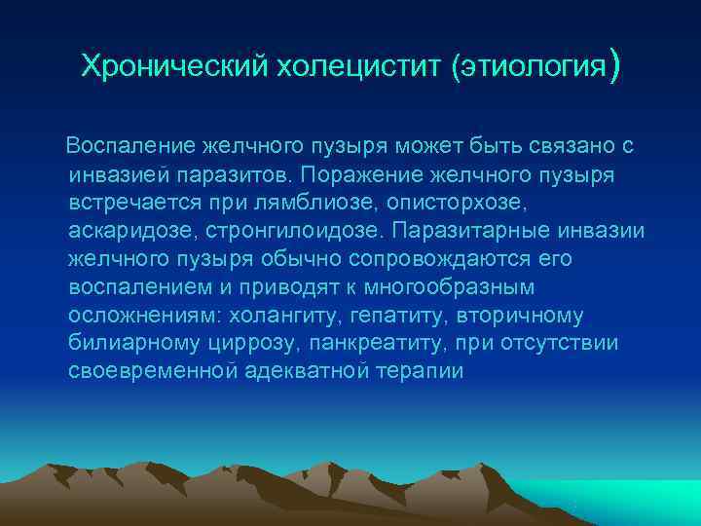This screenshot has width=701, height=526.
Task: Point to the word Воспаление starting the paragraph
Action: click(129, 146)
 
